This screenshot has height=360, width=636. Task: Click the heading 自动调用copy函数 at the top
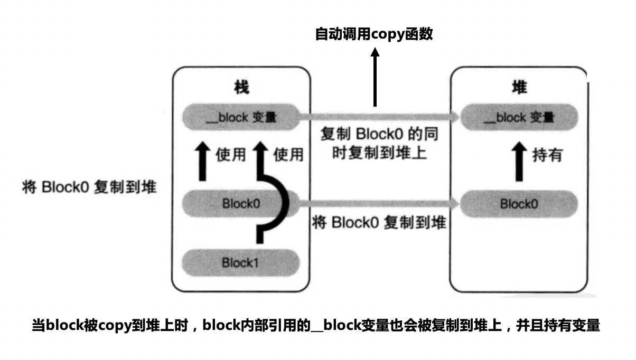[374, 35]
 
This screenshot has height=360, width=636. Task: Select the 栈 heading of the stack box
[241, 87]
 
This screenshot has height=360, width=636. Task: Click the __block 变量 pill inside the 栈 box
[241, 117]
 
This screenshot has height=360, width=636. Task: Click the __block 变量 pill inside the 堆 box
[519, 117]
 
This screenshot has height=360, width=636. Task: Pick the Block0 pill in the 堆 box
[519, 203]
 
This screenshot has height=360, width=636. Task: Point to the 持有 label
[547, 156]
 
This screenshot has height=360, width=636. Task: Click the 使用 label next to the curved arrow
[289, 155]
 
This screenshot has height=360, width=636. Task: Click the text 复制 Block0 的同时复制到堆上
[379, 144]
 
